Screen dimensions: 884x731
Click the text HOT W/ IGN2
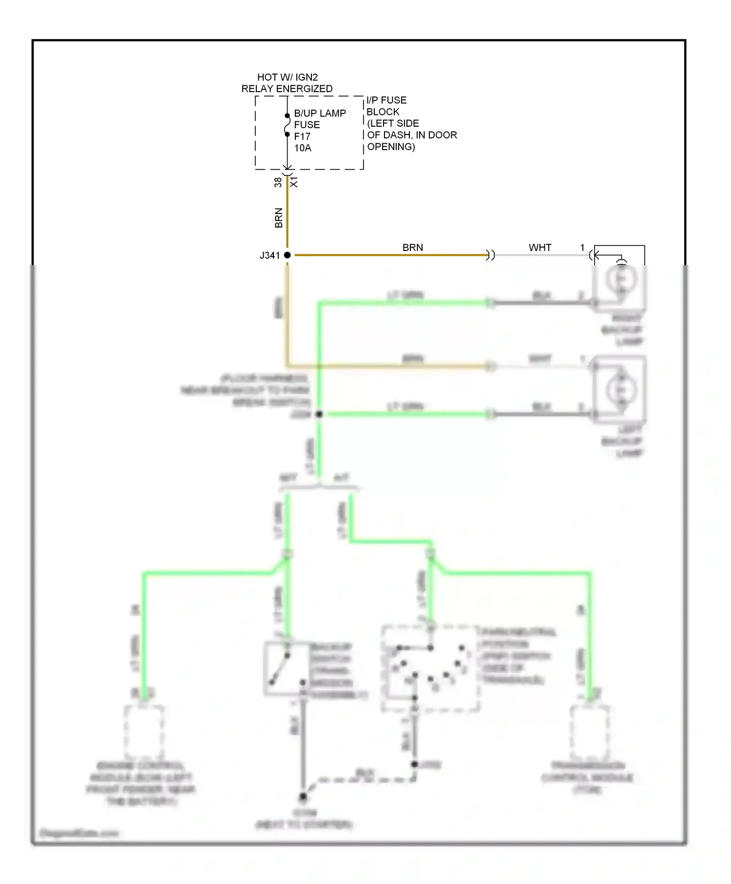coord(287,77)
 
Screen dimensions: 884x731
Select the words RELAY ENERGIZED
coord(287,89)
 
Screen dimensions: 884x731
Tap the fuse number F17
coord(302,136)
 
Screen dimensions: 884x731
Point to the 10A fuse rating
coord(303,148)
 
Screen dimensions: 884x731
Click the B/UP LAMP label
coord(320,113)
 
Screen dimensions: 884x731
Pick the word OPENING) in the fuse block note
coord(391,147)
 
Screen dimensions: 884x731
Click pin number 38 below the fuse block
coord(278,182)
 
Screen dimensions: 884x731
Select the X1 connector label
coord(294,182)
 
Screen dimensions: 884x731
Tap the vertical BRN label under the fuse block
coord(279,218)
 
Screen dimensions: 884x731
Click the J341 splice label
coord(269,255)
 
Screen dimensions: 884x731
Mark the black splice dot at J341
coord(288,255)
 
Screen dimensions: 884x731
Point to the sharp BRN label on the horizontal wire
coord(412,248)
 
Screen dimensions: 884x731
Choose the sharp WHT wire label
coord(540,248)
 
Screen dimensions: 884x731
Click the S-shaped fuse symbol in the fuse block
coord(288,125)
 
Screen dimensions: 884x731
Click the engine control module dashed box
coord(144,730)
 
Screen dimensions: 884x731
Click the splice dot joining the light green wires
coord(319,414)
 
